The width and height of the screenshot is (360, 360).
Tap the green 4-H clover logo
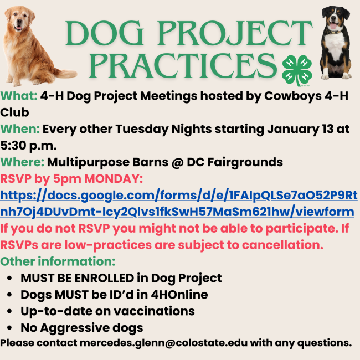297,70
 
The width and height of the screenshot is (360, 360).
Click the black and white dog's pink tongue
333,25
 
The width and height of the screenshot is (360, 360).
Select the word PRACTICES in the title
183,66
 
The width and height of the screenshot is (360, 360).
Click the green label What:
19,96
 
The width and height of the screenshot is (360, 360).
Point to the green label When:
20,129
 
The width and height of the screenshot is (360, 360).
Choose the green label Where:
22,162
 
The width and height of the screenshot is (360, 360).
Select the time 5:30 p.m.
28,146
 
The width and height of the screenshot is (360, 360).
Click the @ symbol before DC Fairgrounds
177,163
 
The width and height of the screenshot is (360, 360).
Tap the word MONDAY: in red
114,179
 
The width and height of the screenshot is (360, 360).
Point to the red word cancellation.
282,245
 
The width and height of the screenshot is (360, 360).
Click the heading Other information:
58,261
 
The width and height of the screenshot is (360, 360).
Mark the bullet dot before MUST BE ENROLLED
9,278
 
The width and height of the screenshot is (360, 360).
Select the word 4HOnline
179,295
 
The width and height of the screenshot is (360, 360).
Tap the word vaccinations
155,311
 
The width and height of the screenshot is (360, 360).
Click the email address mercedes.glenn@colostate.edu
164,343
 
